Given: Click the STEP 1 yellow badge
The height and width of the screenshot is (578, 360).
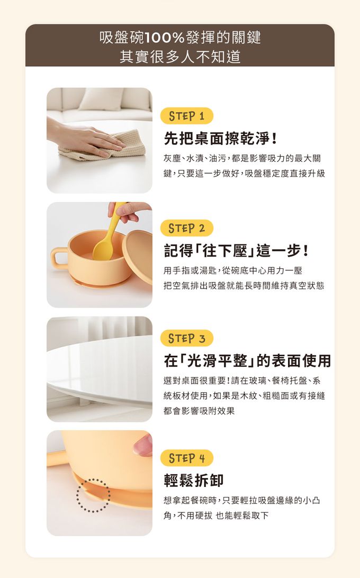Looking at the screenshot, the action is (x=187, y=116).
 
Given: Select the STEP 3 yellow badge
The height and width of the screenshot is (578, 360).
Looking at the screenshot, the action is (x=187, y=338).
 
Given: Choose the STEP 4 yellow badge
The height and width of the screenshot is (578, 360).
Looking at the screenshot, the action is (x=187, y=458).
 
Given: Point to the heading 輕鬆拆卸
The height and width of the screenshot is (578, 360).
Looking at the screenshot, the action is (x=194, y=480).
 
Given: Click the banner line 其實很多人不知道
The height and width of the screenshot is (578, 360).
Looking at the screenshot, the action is (x=180, y=57).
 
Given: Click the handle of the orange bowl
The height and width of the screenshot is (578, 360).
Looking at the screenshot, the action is (x=59, y=258).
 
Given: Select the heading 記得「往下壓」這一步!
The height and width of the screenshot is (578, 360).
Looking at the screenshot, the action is (x=237, y=251).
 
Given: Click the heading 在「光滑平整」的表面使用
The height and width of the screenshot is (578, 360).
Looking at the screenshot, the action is (x=248, y=361).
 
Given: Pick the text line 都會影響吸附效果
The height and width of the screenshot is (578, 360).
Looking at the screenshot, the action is (x=199, y=411).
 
